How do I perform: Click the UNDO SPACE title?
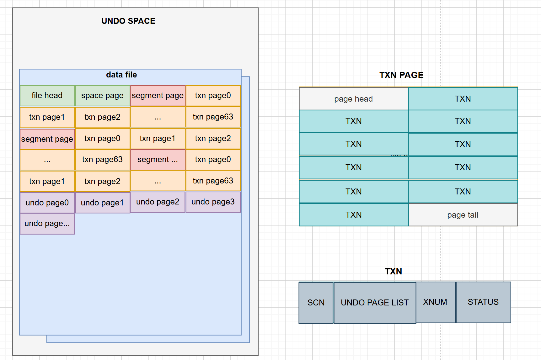coord(128,21)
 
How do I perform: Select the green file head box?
coord(47,96)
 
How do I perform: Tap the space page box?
coord(103,96)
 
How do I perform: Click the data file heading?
coord(121,75)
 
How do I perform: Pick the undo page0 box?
coord(47,203)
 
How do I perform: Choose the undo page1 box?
coord(103,203)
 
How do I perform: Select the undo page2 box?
coord(158,202)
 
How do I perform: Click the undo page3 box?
coord(213,202)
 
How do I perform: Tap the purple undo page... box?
coord(47,224)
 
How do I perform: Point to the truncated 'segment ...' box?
coord(158,160)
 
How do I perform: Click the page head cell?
coord(354,99)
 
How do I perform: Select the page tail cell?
coord(463,215)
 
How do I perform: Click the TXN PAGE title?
coord(401,75)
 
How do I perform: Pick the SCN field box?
coord(316,303)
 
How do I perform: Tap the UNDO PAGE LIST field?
coord(375,303)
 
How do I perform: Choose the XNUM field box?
coord(436,302)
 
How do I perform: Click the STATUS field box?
coord(483,302)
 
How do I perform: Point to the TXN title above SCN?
coord(394,271)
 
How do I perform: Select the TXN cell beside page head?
coord(463,99)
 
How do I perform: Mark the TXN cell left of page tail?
coord(354,215)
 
